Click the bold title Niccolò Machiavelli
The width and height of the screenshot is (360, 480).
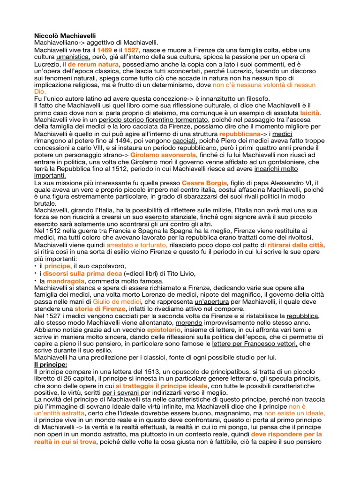pos(66,35)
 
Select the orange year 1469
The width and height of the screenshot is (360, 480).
pos(105,50)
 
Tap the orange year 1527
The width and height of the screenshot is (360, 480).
pos(132,50)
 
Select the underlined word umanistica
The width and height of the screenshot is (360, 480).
pos(73,57)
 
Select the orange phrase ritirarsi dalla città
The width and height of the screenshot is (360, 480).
pos(296,245)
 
